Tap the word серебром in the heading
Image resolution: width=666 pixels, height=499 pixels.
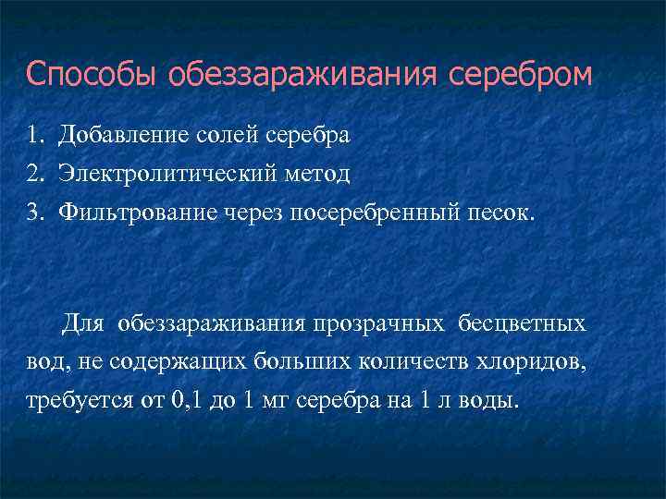[x=521, y=75]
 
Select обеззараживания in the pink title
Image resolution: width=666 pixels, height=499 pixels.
[x=304, y=75]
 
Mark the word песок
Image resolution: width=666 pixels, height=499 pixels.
[x=499, y=213]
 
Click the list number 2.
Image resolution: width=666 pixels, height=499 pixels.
[x=35, y=173]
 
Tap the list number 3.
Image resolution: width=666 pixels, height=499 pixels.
[x=35, y=213]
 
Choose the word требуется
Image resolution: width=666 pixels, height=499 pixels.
[x=77, y=401]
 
